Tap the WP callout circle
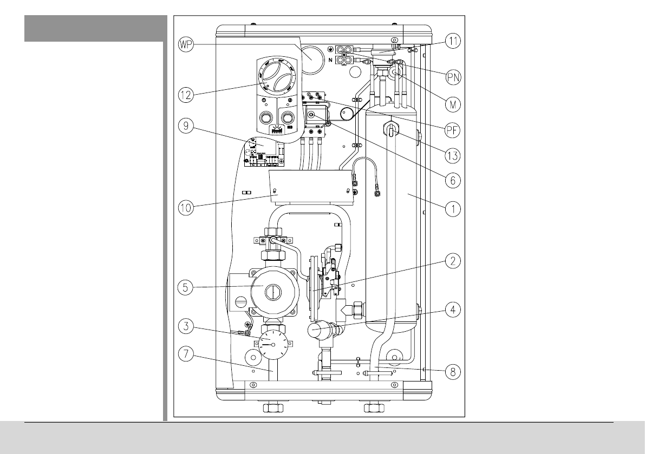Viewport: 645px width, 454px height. (186, 45)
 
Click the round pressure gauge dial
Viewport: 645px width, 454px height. (272, 345)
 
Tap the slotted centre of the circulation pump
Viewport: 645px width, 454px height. (273, 293)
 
